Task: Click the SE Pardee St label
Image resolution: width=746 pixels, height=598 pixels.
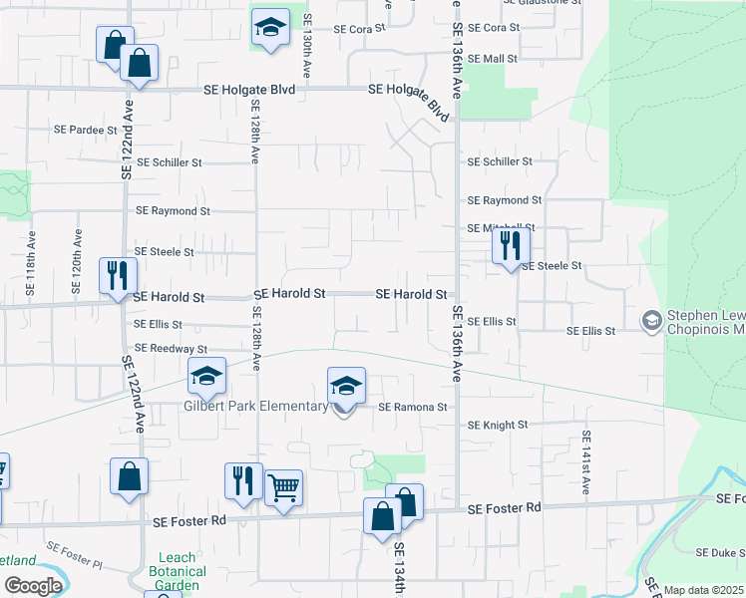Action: coord(86,130)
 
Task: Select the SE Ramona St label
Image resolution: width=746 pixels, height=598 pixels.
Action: coord(412,407)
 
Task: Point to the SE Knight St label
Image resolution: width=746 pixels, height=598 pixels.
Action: coord(497,425)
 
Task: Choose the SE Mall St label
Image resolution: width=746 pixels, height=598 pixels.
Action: coord(493,59)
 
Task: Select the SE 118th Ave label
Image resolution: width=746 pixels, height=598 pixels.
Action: coord(31,266)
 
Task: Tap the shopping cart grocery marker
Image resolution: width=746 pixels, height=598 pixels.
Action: coord(284,488)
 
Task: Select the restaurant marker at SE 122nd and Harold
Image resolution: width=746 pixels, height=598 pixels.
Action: coord(118,275)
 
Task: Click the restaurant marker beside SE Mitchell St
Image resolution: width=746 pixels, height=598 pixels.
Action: coord(511,245)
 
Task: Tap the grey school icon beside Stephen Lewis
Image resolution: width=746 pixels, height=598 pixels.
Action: coord(651,321)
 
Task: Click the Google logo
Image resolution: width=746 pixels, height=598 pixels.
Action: coord(33,586)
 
